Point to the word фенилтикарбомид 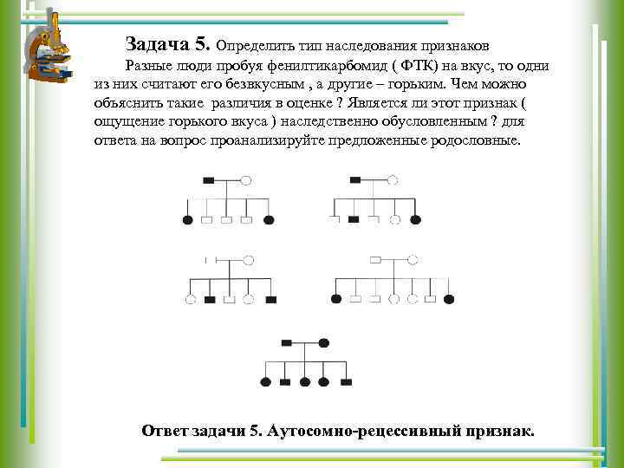[x=315, y=67]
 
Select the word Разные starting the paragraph [x=148, y=67]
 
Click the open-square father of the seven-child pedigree [x=375, y=260]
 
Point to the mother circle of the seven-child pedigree [x=413, y=260]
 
